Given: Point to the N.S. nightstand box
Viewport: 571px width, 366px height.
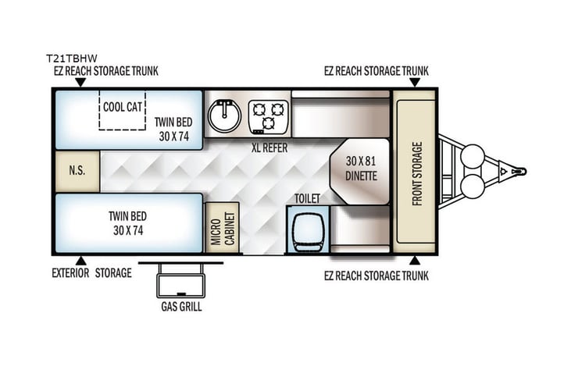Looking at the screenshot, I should [x=77, y=171].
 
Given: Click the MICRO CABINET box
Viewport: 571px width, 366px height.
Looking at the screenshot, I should [x=222, y=228].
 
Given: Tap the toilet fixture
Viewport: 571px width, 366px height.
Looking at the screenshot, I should [x=307, y=229].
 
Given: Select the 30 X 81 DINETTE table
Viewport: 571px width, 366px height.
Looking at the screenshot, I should [x=361, y=170].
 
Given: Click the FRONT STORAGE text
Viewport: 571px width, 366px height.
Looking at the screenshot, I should [x=416, y=172].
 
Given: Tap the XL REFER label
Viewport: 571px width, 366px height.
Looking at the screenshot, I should [x=269, y=147].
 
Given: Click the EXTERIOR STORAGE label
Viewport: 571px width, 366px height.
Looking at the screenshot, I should [x=91, y=274].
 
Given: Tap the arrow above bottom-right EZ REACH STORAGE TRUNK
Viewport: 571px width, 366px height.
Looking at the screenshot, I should [x=415, y=260].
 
